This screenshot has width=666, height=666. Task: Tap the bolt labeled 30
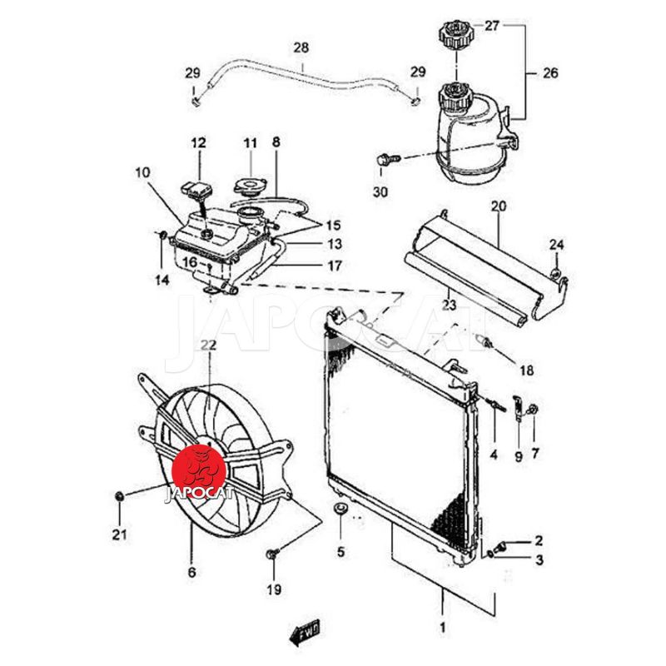[x=385, y=158]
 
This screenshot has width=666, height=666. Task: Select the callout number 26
[x=550, y=73]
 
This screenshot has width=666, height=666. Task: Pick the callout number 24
[x=556, y=244]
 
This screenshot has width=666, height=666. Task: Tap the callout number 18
[x=528, y=370]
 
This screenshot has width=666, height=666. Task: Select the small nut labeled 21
[x=119, y=498]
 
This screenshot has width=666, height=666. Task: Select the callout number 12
[x=199, y=143]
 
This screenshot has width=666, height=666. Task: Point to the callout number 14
[x=162, y=280]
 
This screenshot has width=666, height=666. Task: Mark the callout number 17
[x=311, y=266]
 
